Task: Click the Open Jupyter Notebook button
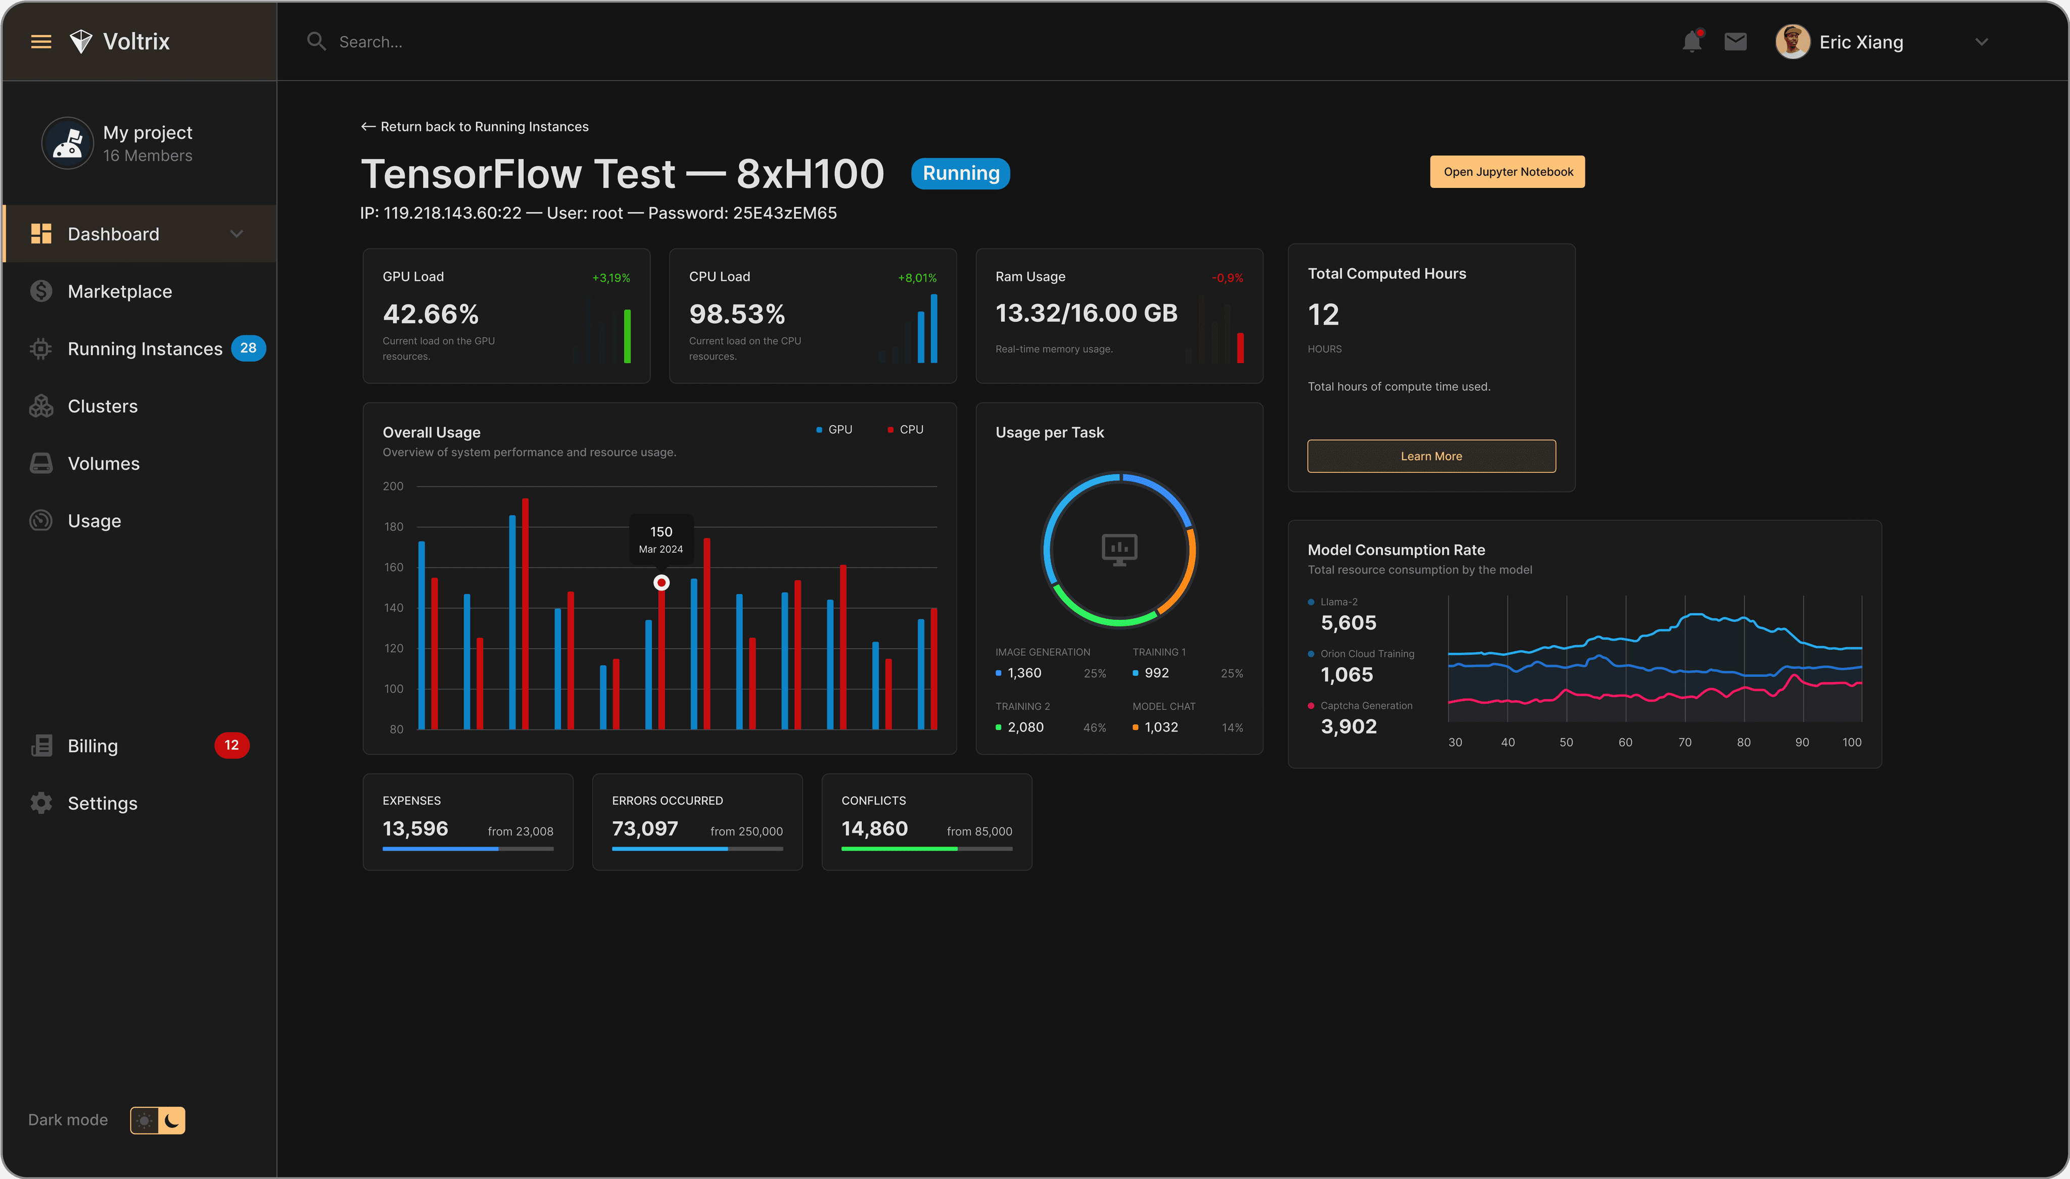click(x=1507, y=172)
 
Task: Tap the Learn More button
click(x=1431, y=456)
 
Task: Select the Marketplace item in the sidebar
click(x=120, y=291)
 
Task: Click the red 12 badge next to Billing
click(x=231, y=745)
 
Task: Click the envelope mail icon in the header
click(x=1735, y=41)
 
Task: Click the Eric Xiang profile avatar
click(x=1792, y=41)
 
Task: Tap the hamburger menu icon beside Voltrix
click(x=41, y=41)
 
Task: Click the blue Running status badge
click(x=961, y=173)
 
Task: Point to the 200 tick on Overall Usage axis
click(x=393, y=486)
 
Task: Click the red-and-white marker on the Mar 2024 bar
click(x=662, y=582)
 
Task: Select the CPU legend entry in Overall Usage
click(x=906, y=429)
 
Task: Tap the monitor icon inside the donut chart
click(x=1119, y=550)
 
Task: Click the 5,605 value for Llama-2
click(x=1348, y=623)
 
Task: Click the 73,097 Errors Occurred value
click(x=645, y=828)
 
